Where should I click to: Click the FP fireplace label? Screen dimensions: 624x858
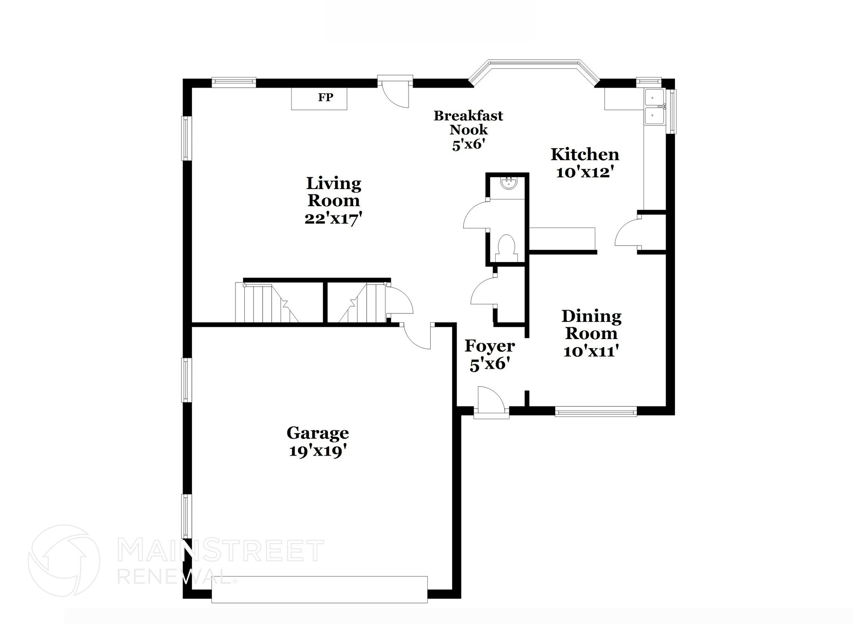coord(325,98)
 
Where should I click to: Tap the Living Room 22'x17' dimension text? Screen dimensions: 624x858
coord(333,219)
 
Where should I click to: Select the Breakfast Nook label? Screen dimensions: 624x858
coord(468,122)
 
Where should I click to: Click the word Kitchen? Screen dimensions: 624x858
coord(584,155)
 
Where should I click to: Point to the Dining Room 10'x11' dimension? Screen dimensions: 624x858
coord(591,351)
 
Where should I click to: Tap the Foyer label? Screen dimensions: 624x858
coord(489,346)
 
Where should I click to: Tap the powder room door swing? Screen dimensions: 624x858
coord(476,216)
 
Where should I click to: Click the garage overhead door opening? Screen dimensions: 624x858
coord(319,589)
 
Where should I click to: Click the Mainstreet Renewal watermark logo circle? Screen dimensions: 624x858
coord(64,560)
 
